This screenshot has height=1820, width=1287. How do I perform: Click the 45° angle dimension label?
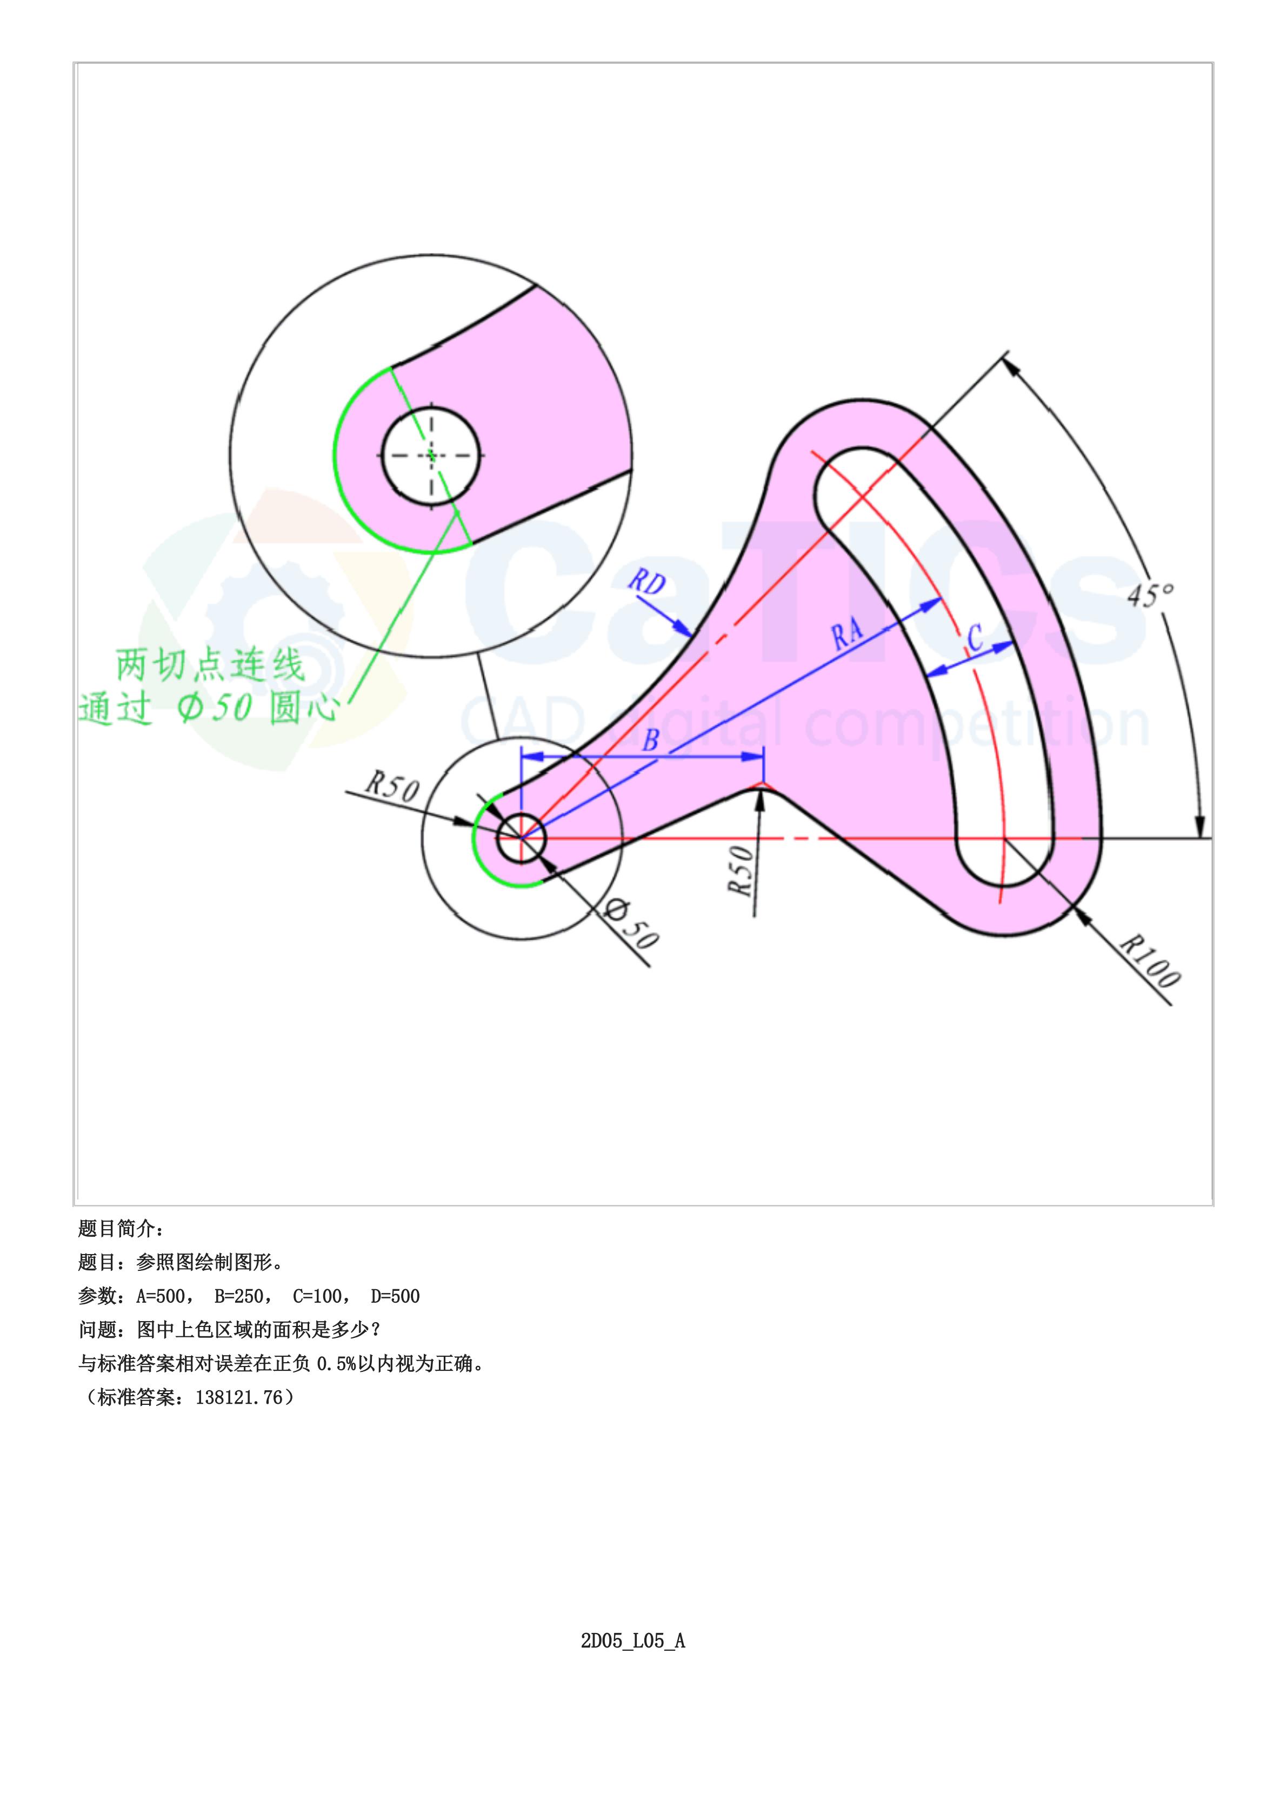(x=1151, y=595)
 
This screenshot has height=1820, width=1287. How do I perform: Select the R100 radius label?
(x=1150, y=961)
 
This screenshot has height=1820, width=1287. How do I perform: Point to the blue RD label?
(x=646, y=583)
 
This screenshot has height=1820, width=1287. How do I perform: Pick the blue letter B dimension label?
(x=651, y=741)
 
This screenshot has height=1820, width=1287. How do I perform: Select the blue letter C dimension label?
(x=976, y=637)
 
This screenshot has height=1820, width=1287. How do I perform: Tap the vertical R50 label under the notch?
(x=740, y=870)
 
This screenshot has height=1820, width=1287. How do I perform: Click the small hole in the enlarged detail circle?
(x=431, y=455)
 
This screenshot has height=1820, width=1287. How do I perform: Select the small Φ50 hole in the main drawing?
(x=521, y=837)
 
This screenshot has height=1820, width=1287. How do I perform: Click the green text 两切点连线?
(x=210, y=665)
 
